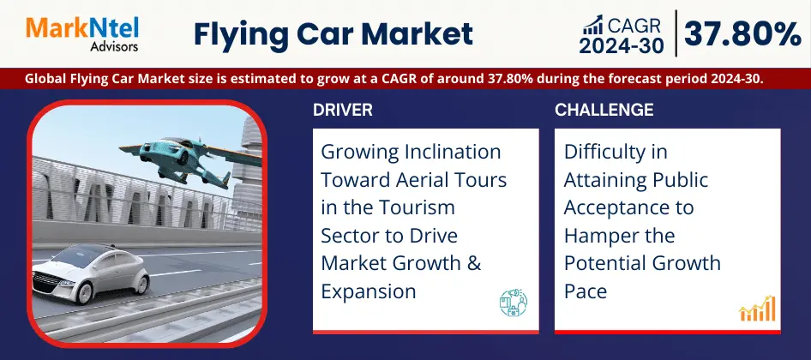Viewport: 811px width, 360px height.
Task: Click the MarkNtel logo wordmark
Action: (81, 29)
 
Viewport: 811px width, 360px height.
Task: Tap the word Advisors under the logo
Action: (114, 47)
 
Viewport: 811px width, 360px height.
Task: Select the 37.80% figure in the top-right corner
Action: (742, 35)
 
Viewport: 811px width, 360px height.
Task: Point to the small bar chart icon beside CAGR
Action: (592, 24)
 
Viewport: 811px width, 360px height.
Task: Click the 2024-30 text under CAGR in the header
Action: (622, 46)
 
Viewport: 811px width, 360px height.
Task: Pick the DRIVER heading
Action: (342, 110)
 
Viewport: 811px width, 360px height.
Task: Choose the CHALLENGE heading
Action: (604, 110)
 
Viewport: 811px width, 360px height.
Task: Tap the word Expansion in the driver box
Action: (369, 292)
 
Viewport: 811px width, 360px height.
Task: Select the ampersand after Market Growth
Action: (474, 263)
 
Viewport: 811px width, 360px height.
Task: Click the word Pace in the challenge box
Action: (586, 291)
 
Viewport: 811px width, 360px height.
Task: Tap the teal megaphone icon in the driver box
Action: (514, 303)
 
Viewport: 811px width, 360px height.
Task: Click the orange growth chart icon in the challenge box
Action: (757, 309)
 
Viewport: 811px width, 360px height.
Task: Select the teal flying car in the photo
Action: (190, 158)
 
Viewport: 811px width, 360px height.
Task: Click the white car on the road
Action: (91, 274)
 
